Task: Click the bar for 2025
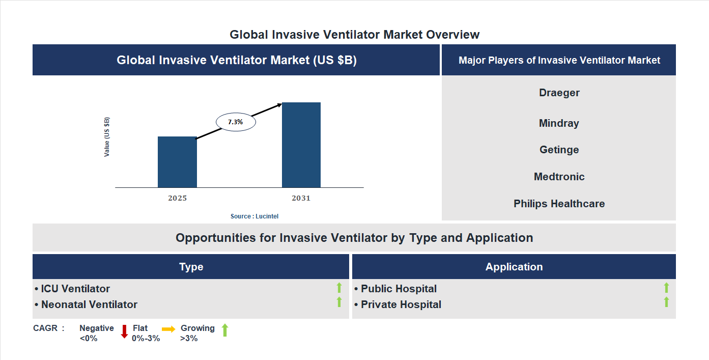(x=177, y=162)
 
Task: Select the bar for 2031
(x=301, y=145)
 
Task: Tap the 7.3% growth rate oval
(x=236, y=122)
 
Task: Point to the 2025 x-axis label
(x=177, y=198)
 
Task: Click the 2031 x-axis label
(x=301, y=198)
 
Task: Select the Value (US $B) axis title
(x=107, y=137)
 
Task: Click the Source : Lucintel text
(x=254, y=216)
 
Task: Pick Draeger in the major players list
(x=559, y=93)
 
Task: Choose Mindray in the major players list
(x=559, y=123)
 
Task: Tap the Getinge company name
(x=559, y=150)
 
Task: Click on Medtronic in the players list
(x=559, y=177)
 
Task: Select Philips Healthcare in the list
(x=559, y=204)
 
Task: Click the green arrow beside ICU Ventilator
(x=339, y=288)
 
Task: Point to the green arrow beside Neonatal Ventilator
(x=339, y=302)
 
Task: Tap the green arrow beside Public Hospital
(x=666, y=288)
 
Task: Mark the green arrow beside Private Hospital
(x=666, y=302)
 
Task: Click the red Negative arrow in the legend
(x=124, y=331)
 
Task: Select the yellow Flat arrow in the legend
(x=168, y=329)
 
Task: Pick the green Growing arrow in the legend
(x=225, y=330)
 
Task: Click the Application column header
(x=514, y=267)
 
